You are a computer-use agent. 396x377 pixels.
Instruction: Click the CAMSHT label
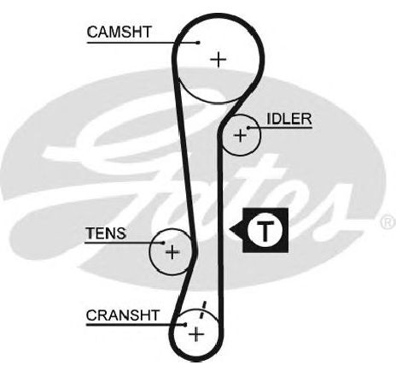coord(119,32)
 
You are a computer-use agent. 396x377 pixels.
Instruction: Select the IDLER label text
coord(289,119)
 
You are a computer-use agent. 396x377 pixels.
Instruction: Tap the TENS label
coord(106,233)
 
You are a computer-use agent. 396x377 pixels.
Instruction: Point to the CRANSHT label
coord(122,315)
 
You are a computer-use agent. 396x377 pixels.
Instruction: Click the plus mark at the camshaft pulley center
coord(218,60)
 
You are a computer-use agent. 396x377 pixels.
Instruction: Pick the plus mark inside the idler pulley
coord(241,135)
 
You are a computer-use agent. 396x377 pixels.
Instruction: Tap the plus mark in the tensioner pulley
coord(172,252)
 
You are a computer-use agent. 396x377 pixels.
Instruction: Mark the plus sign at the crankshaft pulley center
coord(196,334)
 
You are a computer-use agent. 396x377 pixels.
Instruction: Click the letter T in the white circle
coord(265,230)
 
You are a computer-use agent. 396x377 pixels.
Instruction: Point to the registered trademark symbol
coord(388,222)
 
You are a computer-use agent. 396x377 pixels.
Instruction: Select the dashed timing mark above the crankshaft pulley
coord(202,309)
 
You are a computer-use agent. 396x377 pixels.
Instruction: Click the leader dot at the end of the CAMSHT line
coord(198,43)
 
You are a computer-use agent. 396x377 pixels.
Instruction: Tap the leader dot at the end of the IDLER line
coord(248,127)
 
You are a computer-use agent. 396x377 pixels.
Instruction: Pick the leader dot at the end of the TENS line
coord(163,243)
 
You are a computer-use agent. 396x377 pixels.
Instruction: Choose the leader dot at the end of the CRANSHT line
coord(185,325)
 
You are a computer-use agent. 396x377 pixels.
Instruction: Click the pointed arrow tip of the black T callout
coord(230,229)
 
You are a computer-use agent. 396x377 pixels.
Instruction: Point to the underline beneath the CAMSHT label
coord(143,43)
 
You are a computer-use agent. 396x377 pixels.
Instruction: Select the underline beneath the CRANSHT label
coord(136,325)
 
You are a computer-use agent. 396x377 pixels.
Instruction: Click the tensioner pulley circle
coord(149,252)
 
